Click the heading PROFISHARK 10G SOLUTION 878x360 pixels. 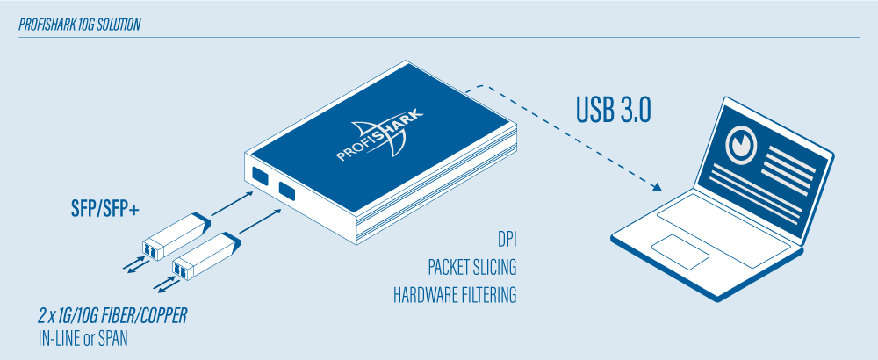click(80, 25)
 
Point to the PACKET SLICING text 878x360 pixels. click(471, 267)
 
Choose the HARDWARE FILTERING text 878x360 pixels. click(455, 295)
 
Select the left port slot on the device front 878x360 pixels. click(259, 175)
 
